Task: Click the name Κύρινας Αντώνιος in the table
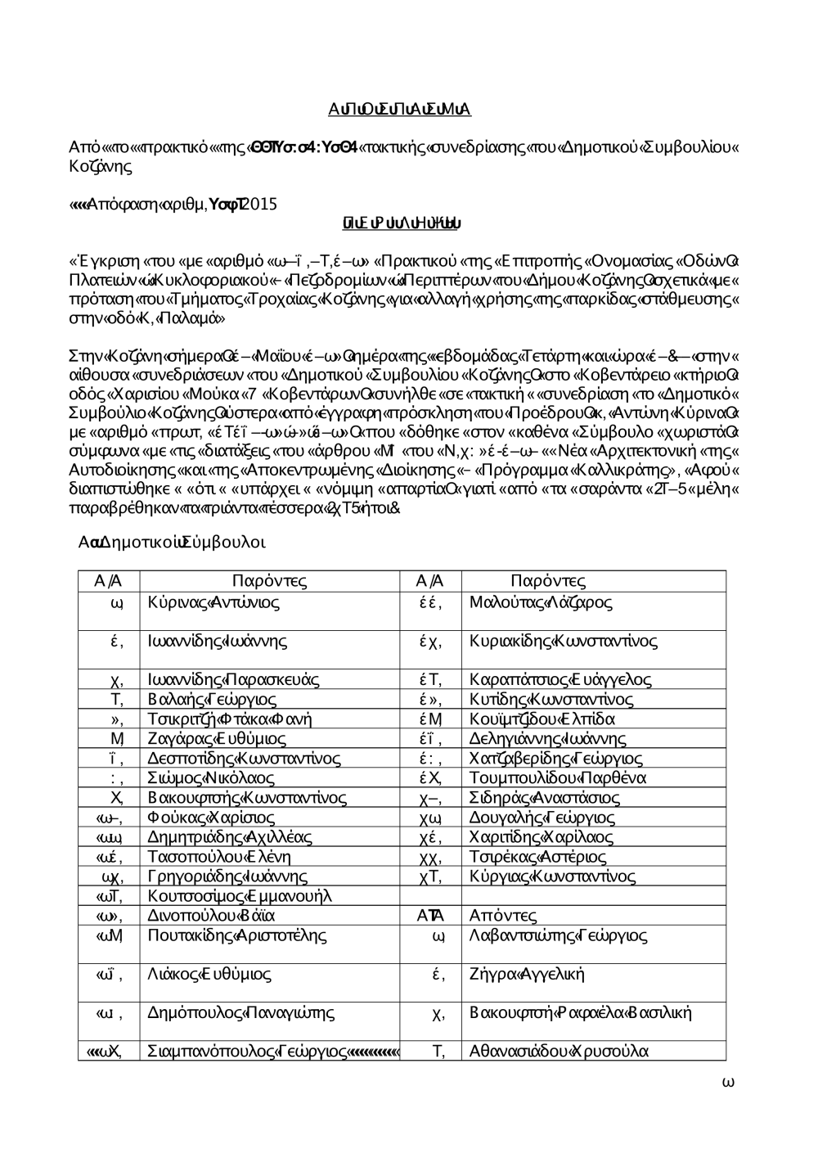coord(214,603)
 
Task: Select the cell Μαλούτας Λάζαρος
coord(541,603)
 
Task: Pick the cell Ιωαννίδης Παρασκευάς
coord(233,680)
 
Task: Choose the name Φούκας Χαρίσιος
coord(212,818)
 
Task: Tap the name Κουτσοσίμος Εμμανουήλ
coord(240,896)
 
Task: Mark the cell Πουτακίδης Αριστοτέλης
coord(237,935)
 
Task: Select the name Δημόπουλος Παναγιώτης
coord(241,1013)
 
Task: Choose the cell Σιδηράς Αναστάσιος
coord(545,798)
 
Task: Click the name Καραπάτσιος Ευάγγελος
coord(560,680)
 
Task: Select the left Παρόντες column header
coord(269,582)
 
